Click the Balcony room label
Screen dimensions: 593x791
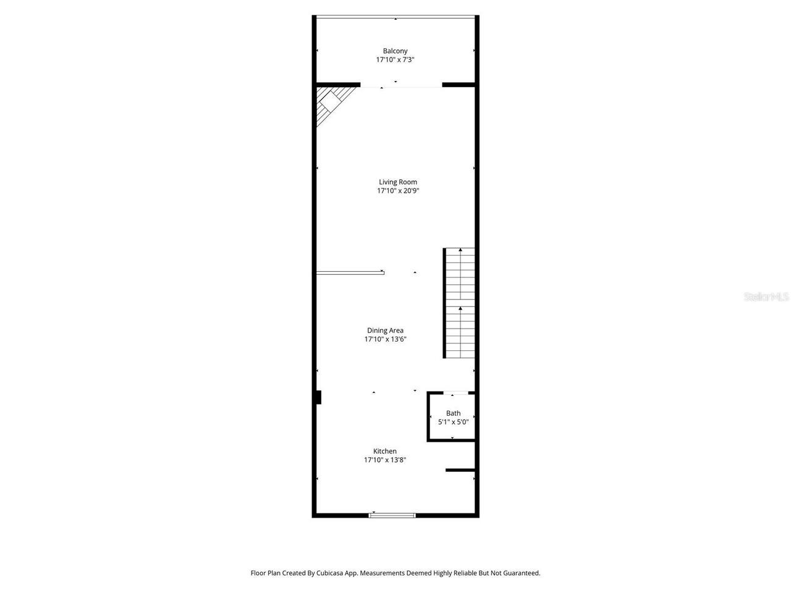(395, 51)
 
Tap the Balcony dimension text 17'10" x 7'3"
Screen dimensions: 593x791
(395, 60)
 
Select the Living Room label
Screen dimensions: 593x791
(398, 182)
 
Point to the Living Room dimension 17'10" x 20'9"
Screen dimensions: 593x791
(398, 191)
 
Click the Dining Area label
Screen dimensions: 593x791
(385, 330)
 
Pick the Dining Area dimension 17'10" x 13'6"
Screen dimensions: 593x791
(385, 339)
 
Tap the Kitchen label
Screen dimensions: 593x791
(384, 451)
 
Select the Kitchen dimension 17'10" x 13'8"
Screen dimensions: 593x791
(384, 460)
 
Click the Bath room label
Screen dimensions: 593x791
(453, 413)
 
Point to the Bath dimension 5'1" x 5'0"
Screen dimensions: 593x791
(453, 422)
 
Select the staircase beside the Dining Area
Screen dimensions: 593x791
(460, 303)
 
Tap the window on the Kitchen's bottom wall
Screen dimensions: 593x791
(392, 515)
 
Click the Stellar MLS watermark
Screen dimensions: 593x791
(766, 297)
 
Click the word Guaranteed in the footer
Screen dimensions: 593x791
(520, 573)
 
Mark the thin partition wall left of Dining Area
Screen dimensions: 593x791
(350, 272)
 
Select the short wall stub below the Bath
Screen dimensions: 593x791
(460, 471)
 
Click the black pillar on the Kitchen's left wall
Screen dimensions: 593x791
(319, 397)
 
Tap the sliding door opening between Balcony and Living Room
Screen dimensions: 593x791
(401, 85)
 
